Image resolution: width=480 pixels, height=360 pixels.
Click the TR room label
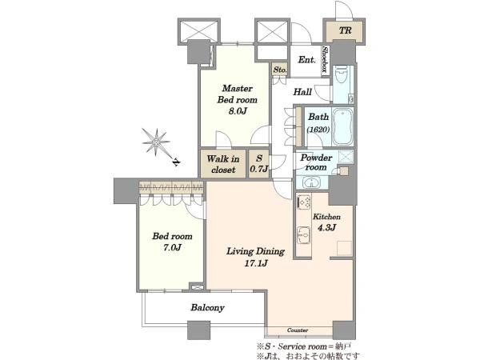point(346,30)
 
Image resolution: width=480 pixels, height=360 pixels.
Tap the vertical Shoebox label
point(326,59)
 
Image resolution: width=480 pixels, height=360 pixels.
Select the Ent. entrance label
point(306,60)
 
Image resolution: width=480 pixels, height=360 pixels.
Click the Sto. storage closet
point(280,70)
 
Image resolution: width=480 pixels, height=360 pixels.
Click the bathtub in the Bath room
point(342,126)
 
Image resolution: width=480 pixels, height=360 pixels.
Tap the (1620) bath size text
point(318,130)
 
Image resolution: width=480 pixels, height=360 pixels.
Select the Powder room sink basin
point(311,182)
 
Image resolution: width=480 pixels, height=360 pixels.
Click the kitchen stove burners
point(304,202)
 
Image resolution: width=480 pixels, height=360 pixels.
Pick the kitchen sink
point(304,235)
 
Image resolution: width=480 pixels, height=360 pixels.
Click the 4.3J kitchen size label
point(326,227)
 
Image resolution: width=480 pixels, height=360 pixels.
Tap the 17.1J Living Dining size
point(256,263)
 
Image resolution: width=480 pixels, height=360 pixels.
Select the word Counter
point(298,330)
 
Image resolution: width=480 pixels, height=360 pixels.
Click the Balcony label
point(207,308)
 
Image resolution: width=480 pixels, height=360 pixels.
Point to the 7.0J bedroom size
point(172,247)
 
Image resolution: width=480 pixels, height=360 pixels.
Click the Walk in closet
point(223,164)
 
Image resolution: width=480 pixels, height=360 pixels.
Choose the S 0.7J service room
point(259,164)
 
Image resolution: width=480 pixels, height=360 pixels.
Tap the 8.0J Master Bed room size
point(238,111)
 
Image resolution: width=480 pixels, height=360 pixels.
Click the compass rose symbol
point(156,142)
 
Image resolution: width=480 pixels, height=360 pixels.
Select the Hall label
point(302,92)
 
